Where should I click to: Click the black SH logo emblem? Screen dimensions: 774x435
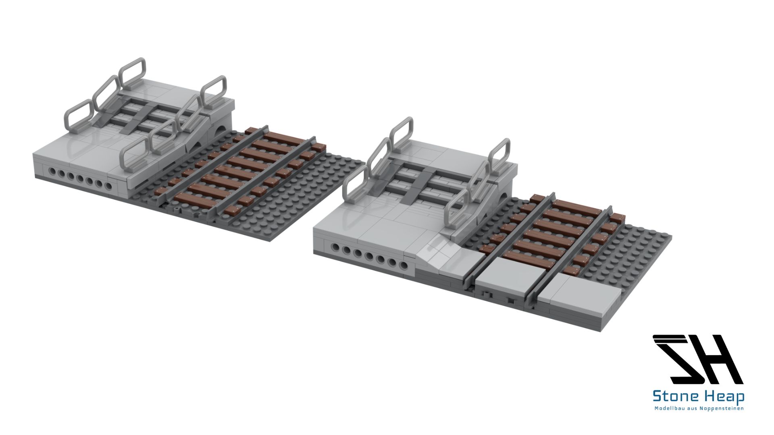pos(698,359)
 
